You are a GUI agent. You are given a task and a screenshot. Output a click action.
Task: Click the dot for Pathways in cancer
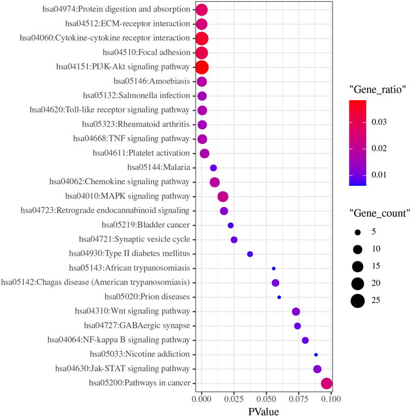[x=326, y=384]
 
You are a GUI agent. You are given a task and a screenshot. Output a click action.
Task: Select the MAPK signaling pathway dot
[x=223, y=197]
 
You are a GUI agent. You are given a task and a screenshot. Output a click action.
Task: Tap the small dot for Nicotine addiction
[x=316, y=355]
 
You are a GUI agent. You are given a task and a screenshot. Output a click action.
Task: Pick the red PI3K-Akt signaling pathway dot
[x=202, y=67]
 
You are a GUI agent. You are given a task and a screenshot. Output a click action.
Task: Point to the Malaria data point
[x=214, y=168]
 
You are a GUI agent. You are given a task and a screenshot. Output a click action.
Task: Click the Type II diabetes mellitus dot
[x=250, y=254]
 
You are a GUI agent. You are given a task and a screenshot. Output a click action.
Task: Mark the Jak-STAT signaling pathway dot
[x=317, y=369]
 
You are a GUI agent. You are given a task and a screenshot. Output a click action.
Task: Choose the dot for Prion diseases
[x=279, y=297]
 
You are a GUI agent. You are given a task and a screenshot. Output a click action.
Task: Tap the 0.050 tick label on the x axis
[x=266, y=398]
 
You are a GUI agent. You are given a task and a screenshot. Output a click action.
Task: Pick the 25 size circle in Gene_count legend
[x=358, y=300]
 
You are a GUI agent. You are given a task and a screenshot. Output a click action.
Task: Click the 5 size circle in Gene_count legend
[x=358, y=232]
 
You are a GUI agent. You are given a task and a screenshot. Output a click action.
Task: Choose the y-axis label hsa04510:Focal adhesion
[x=147, y=52]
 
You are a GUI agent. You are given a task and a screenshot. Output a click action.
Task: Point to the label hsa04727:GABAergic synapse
[x=137, y=326]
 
